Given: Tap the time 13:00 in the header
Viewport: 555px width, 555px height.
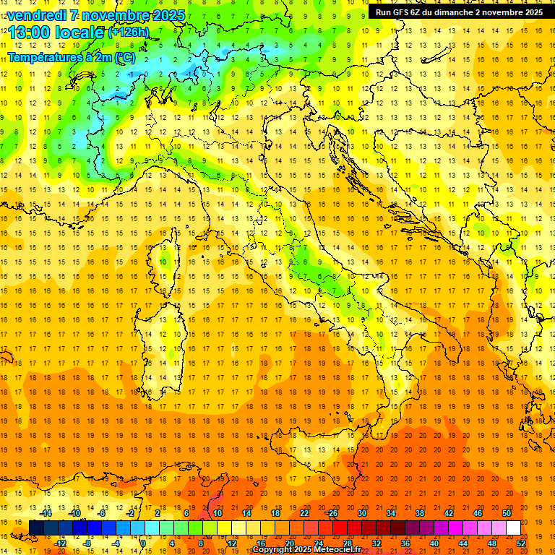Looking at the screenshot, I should click(28, 33).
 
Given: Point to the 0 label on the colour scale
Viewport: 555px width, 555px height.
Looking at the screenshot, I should click(142, 543).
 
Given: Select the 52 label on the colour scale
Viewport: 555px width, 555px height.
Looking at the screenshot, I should click(520, 543).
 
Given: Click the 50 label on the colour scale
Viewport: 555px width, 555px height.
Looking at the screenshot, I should click(506, 513).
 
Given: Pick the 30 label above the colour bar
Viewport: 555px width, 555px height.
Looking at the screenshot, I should click(361, 513).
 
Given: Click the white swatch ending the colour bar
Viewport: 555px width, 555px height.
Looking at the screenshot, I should click(513, 528).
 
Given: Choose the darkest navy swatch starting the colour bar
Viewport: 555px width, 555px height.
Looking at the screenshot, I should click(36, 528).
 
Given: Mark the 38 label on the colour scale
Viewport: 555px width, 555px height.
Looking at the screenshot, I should click(419, 513).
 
